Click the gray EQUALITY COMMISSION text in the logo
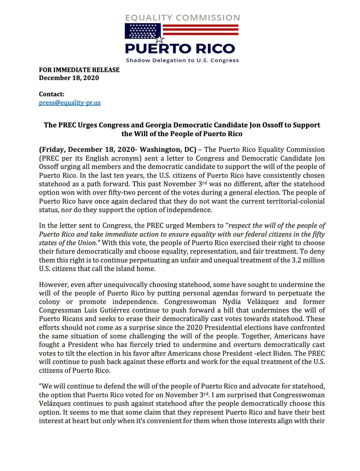coord(182,18)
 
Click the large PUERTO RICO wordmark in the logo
coord(180,49)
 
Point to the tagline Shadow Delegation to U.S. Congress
coord(182,61)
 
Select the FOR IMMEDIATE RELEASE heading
coord(79,70)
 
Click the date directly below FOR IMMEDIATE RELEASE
coord(69,78)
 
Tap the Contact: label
coord(51,95)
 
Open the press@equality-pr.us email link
coord(69,103)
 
